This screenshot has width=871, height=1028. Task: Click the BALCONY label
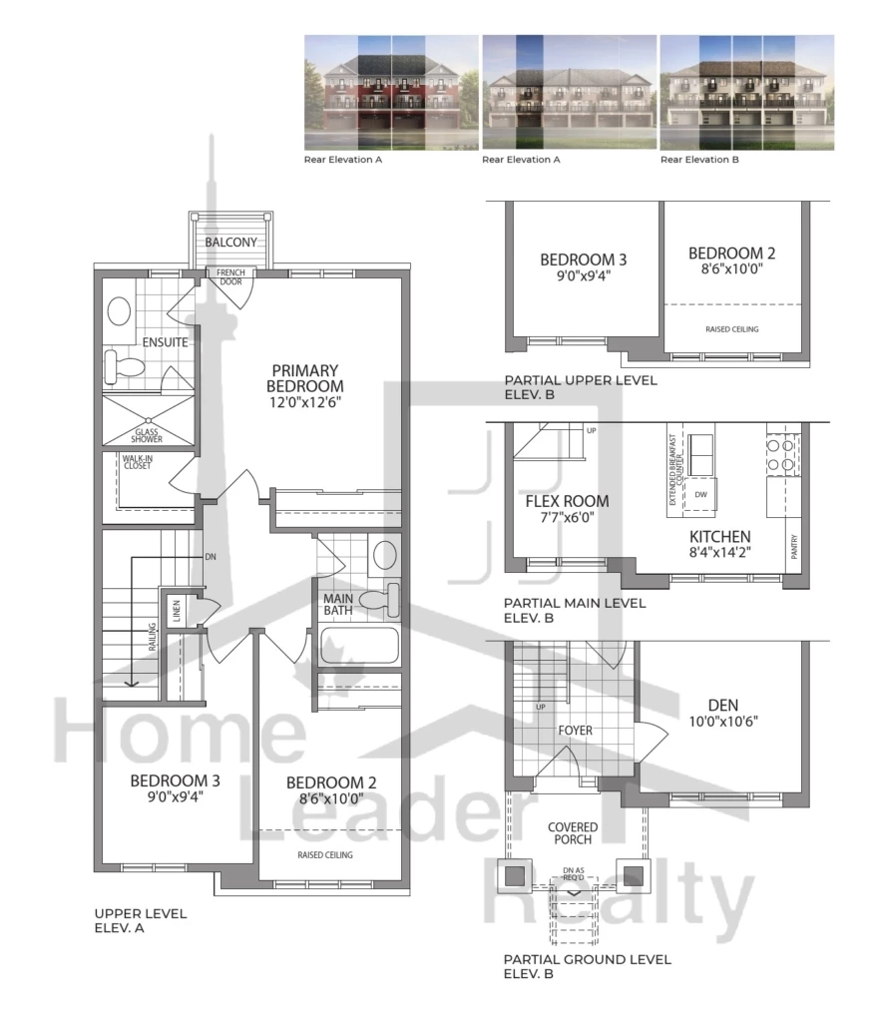pyautogui.click(x=230, y=242)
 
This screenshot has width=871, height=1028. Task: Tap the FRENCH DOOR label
pyautogui.click(x=230, y=277)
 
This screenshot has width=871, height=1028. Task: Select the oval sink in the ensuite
pyautogui.click(x=119, y=311)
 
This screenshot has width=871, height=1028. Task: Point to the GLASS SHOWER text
pyautogui.click(x=147, y=435)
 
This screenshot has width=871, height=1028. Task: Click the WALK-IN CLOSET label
pyautogui.click(x=137, y=461)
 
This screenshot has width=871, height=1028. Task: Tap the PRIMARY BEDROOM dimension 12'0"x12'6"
pyautogui.click(x=304, y=402)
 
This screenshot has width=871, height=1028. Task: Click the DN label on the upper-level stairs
pyautogui.click(x=211, y=557)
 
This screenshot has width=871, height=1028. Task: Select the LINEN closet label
pyautogui.click(x=176, y=611)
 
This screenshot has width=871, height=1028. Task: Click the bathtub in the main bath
pyautogui.click(x=359, y=646)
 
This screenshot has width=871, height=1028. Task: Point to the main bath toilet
pyautogui.click(x=380, y=599)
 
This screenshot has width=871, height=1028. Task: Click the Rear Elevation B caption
pyautogui.click(x=699, y=160)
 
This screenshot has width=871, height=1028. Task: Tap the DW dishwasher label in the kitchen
pyautogui.click(x=700, y=494)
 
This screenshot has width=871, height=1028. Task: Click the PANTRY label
pyautogui.click(x=793, y=547)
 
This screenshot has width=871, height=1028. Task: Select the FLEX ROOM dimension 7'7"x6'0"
pyautogui.click(x=567, y=517)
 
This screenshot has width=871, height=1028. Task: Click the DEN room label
pyautogui.click(x=723, y=705)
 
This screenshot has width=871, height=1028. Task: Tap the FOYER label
pyautogui.click(x=575, y=731)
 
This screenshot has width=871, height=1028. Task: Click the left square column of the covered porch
pyautogui.click(x=515, y=876)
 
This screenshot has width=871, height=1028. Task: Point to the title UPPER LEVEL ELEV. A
pyautogui.click(x=141, y=920)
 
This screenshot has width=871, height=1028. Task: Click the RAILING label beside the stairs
pyautogui.click(x=152, y=637)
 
